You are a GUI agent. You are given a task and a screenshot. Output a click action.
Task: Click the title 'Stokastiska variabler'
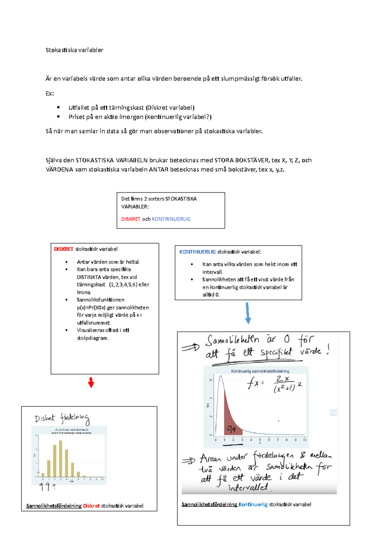[x=74, y=50]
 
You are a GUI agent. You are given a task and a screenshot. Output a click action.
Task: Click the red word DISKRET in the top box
[x=130, y=219]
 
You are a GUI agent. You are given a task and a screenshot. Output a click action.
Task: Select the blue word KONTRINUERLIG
[x=171, y=219]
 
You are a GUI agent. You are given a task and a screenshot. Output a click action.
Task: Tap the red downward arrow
[x=91, y=383]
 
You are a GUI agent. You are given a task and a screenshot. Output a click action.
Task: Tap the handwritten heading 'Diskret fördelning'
[x=62, y=419]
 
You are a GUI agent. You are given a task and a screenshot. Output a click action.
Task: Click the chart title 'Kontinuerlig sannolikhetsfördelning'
[x=260, y=371]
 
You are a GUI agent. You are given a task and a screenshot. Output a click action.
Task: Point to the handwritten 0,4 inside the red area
[x=231, y=429]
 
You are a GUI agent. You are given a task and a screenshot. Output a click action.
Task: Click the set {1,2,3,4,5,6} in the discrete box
[x=123, y=285]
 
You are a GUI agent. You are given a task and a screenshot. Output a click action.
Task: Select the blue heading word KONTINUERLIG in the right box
[x=197, y=252]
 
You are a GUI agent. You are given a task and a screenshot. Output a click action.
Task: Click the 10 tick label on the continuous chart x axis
[x=304, y=440]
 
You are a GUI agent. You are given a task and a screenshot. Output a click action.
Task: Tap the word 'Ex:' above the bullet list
[x=50, y=94]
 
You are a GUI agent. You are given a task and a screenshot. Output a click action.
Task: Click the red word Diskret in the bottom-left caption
[x=91, y=506]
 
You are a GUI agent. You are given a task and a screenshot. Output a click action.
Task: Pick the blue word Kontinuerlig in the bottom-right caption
[x=253, y=504]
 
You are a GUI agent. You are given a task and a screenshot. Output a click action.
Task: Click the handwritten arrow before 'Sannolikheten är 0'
[x=190, y=348]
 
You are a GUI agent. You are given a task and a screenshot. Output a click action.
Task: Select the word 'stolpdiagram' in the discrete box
[x=92, y=338]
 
